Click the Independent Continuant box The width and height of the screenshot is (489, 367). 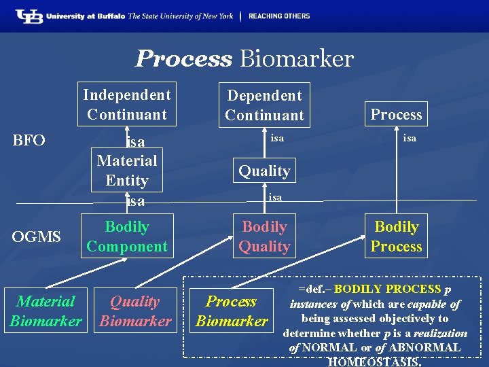[126, 105]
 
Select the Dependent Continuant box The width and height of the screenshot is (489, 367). [264, 105]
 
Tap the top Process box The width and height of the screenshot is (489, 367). [396, 114]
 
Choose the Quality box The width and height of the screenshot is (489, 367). [264, 171]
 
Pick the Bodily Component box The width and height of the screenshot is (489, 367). [126, 237]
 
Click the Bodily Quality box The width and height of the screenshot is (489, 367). [264, 237]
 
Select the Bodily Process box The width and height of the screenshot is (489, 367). [396, 237]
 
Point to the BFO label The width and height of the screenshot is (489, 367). [29, 141]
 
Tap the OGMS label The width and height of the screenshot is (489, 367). [36, 237]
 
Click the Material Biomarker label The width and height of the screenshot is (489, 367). [46, 311]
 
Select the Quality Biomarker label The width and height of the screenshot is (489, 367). [135, 311]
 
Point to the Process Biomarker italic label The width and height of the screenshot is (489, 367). [232, 311]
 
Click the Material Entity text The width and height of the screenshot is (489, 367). [126, 171]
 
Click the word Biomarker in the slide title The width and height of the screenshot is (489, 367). [296, 58]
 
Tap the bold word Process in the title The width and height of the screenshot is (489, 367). [183, 58]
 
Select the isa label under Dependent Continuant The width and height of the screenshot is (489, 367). [276, 139]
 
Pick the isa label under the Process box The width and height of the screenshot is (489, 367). [410, 139]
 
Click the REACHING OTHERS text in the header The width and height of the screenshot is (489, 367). [279, 16]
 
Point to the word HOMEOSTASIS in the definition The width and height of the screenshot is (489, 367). [374, 362]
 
